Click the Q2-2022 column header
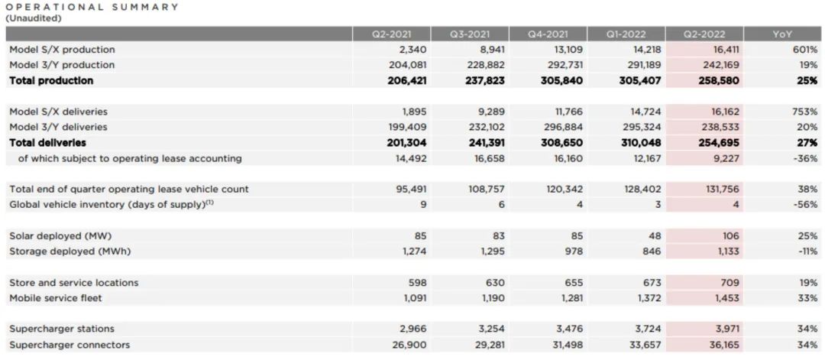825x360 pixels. pyautogui.click(x=704, y=34)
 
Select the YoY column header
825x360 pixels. pyautogui.click(x=782, y=34)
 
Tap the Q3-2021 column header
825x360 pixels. pyautogui.click(x=468, y=34)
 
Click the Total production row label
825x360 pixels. pyautogui.click(x=51, y=81)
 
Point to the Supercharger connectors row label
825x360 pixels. pyautogui.click(x=70, y=345)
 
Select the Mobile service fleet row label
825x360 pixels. pyautogui.click(x=55, y=298)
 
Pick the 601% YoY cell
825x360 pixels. pyautogui.click(x=804, y=50)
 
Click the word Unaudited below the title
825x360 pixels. pyautogui.click(x=34, y=18)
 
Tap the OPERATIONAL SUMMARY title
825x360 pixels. pyautogui.click(x=92, y=7)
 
